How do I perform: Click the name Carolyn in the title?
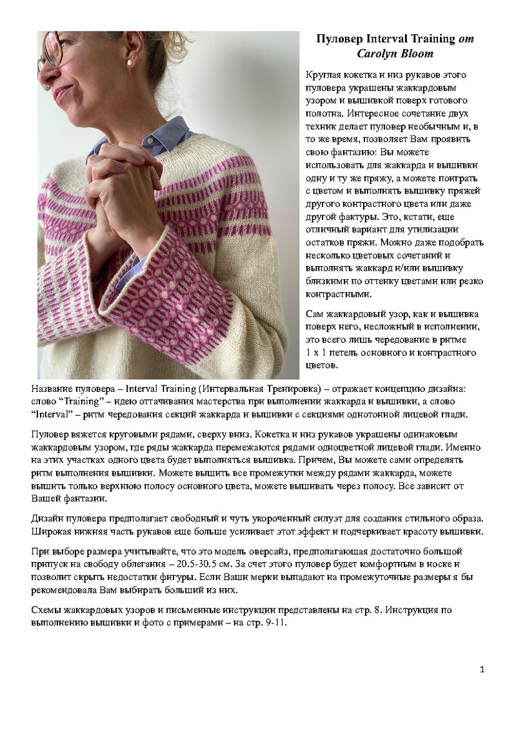tap(379, 53)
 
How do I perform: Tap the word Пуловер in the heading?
tap(337, 39)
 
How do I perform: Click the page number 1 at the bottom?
tap(482, 670)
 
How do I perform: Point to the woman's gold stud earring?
tap(130, 62)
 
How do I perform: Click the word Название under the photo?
tap(54, 389)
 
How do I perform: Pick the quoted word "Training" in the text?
tap(75, 402)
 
